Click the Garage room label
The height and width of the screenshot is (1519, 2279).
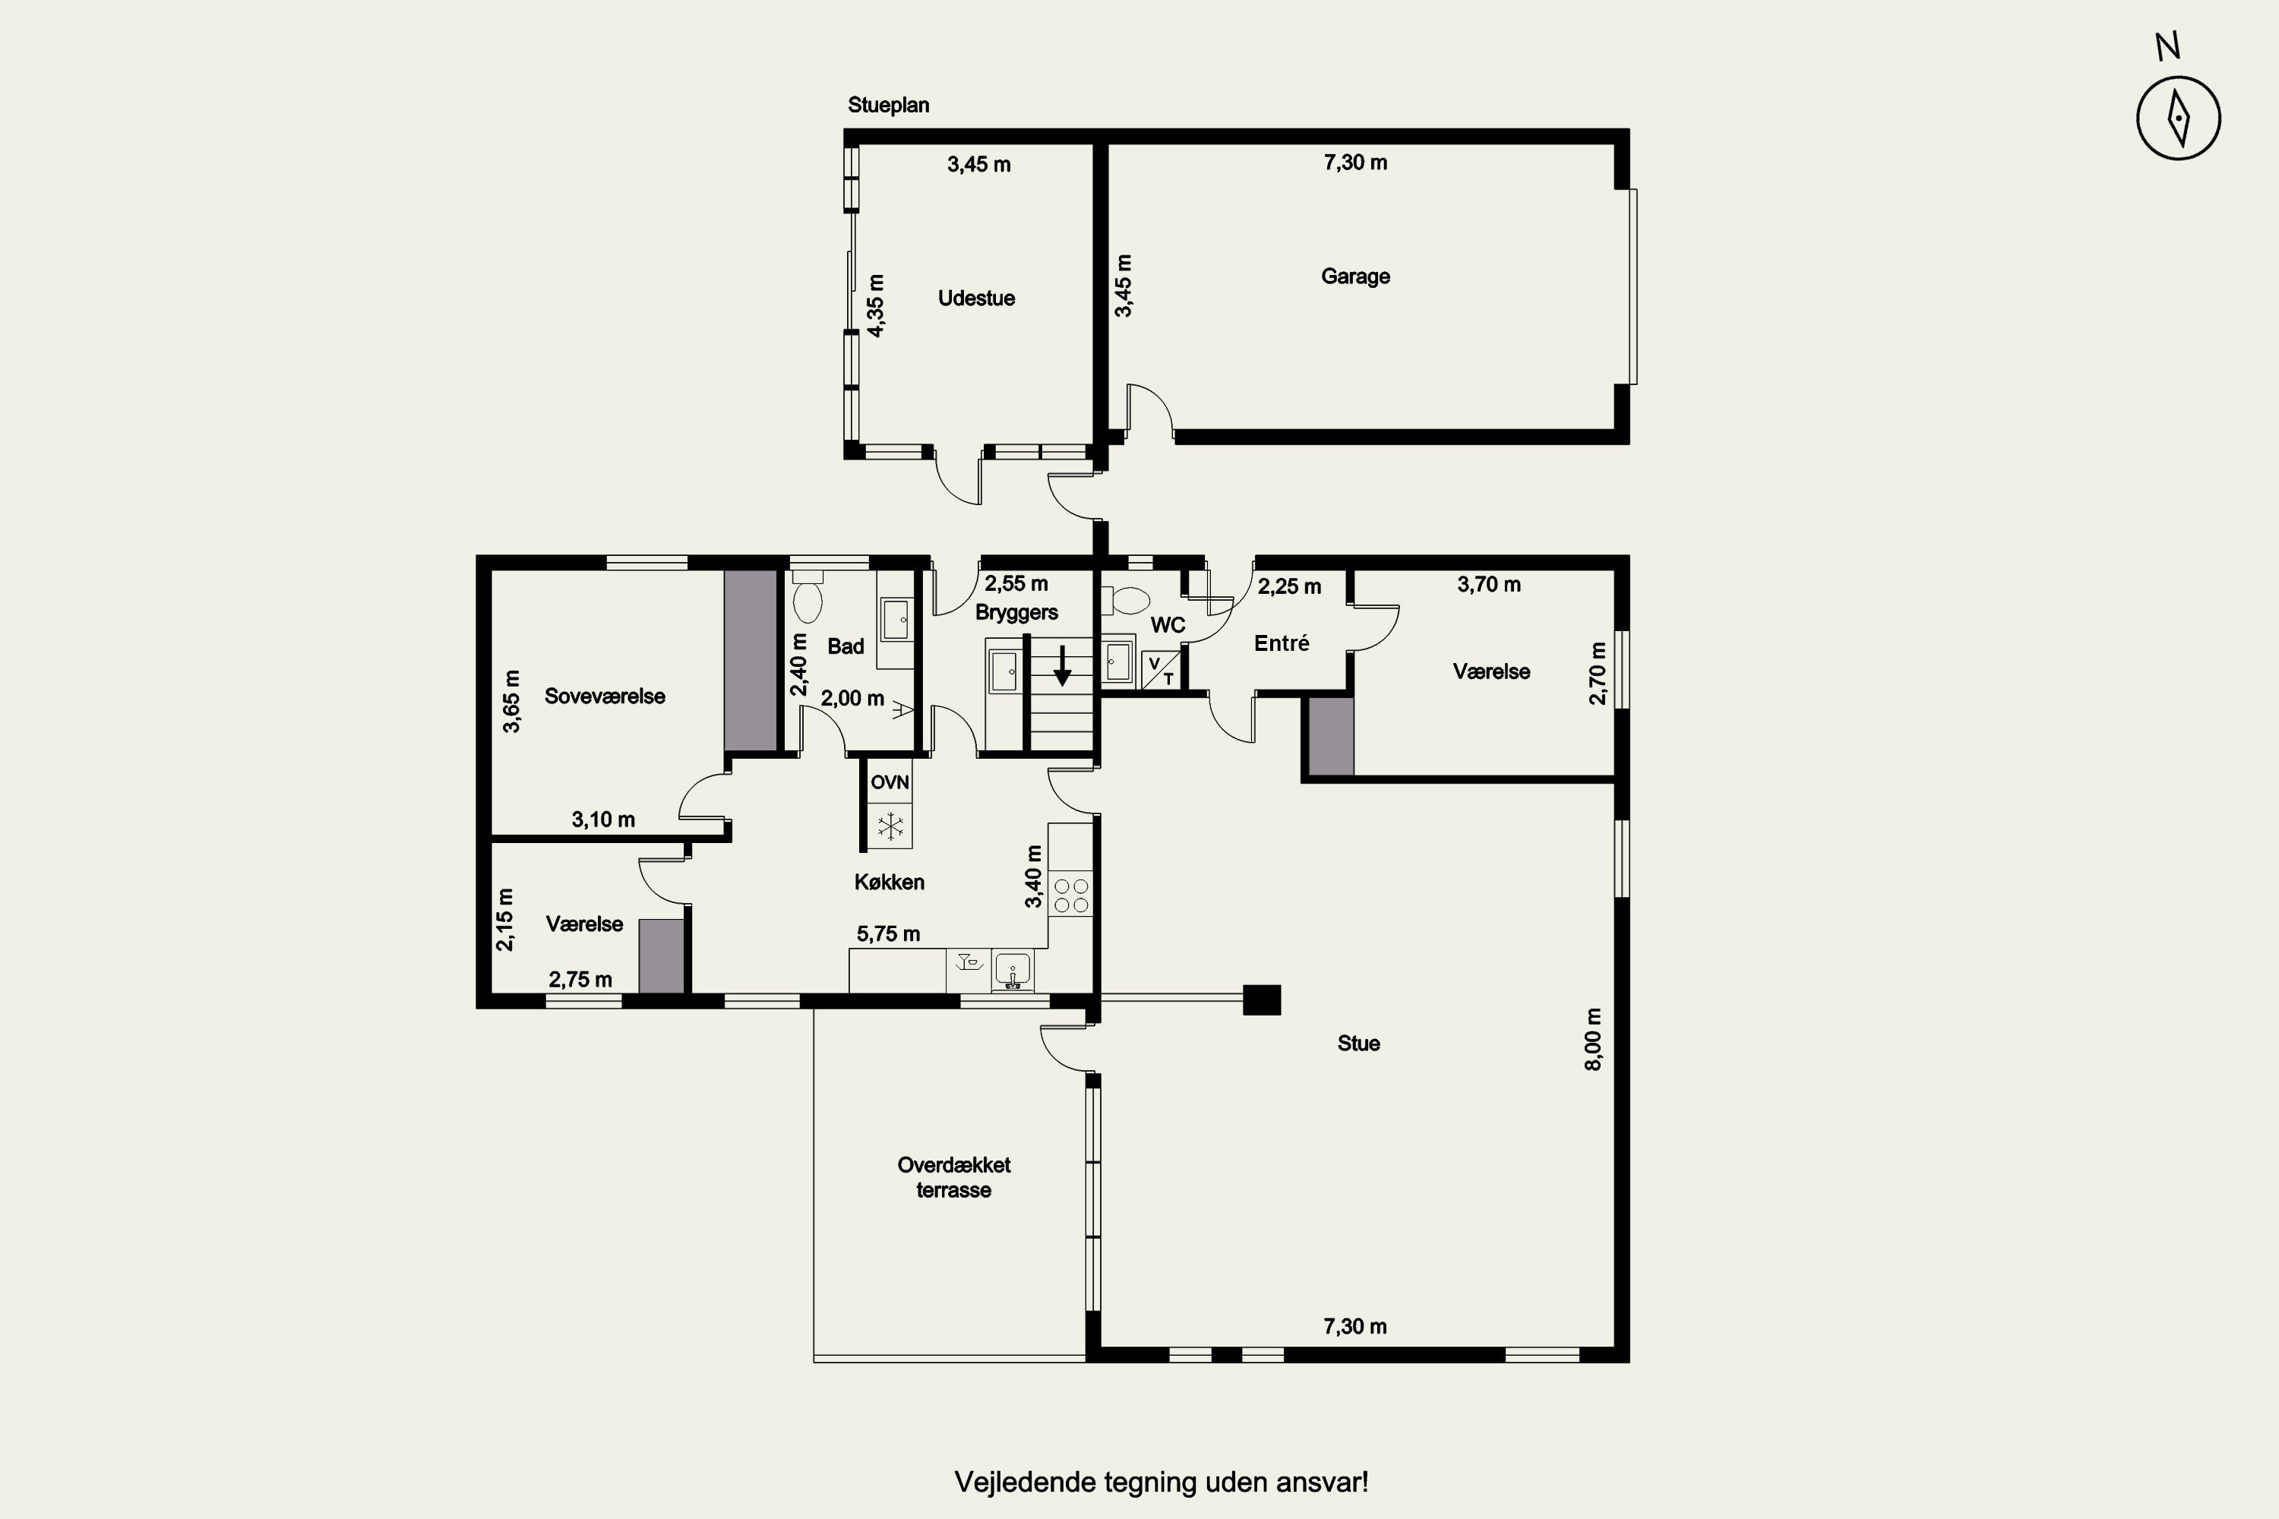click(1355, 277)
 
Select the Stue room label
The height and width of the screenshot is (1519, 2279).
click(1358, 1044)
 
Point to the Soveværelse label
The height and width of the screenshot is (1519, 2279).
click(605, 696)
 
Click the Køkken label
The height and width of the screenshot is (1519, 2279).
click(890, 883)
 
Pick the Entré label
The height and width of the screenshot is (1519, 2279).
click(1282, 643)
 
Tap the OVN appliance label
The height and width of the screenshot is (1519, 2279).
click(890, 782)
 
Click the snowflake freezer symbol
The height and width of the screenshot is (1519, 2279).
click(890, 826)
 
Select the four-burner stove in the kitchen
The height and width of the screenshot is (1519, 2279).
click(1070, 895)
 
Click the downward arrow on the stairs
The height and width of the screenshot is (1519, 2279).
click(1063, 665)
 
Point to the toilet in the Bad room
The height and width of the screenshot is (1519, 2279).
click(807, 597)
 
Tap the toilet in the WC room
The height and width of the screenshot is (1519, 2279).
click(1126, 601)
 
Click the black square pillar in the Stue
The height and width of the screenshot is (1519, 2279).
click(1262, 1000)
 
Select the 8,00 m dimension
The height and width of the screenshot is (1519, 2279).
click(1593, 1040)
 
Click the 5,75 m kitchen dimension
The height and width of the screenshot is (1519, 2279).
click(889, 934)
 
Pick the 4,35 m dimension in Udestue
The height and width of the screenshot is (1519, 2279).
click(876, 306)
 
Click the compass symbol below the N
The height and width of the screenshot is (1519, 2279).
click(2179, 119)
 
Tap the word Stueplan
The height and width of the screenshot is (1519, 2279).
click(889, 105)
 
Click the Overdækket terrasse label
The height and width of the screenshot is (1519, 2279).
click(953, 1177)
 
